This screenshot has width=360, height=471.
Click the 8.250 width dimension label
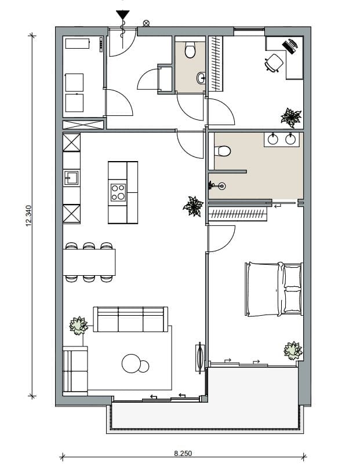tap(183, 454)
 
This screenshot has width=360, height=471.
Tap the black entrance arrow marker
tap(122, 15)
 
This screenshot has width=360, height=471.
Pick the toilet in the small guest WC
tap(190, 51)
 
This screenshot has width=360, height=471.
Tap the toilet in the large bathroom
tap(221, 152)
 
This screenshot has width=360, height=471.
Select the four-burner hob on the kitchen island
tap(118, 192)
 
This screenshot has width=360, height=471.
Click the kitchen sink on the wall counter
tap(71, 178)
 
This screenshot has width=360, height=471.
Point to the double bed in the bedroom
tap(274, 289)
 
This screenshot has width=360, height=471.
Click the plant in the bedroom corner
tap(293, 350)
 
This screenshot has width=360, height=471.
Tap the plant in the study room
tap(290, 117)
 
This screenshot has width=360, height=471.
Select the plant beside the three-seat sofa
tap(78, 325)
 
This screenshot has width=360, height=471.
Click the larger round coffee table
tap(132, 364)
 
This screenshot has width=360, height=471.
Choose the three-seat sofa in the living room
tap(130, 319)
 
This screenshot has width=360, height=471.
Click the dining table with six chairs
tap(89, 262)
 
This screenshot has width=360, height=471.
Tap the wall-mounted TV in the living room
tap(200, 356)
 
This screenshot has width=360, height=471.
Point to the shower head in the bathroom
tap(221, 186)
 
